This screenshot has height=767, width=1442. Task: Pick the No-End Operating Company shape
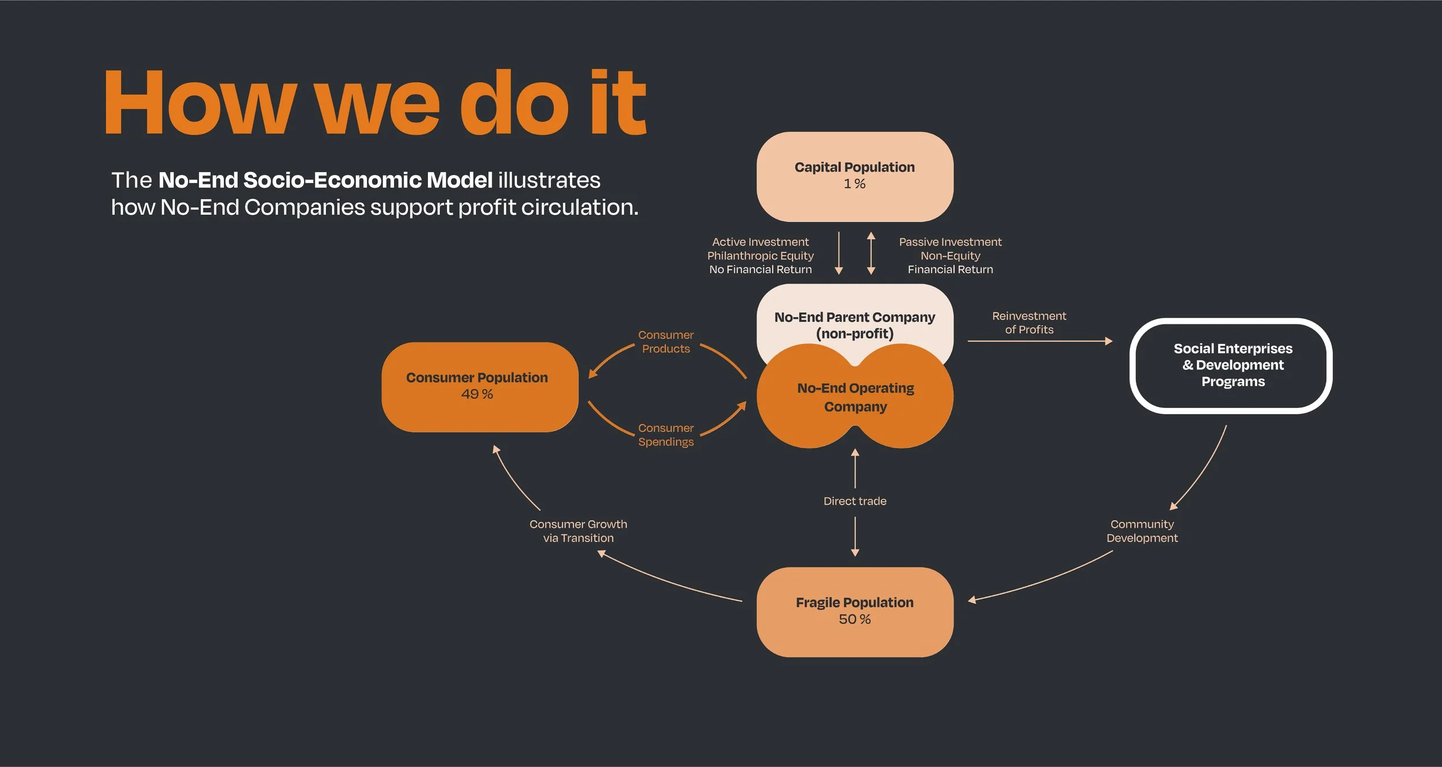point(855,397)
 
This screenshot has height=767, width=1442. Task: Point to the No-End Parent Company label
point(854,325)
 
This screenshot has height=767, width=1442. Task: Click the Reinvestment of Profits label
point(1029,323)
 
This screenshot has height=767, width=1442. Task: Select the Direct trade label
point(855,501)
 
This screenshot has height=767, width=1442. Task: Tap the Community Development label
point(1142,531)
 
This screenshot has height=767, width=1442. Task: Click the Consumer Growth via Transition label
point(578,531)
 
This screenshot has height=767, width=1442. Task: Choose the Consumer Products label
point(666,342)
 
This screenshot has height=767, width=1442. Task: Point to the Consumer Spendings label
point(666,435)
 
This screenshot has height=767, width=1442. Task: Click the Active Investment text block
point(760,256)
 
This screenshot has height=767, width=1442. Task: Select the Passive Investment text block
point(950,256)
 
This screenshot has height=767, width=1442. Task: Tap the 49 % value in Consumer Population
point(477,394)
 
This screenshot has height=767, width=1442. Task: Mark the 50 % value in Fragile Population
point(854,619)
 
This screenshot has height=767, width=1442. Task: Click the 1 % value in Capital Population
point(854,184)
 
